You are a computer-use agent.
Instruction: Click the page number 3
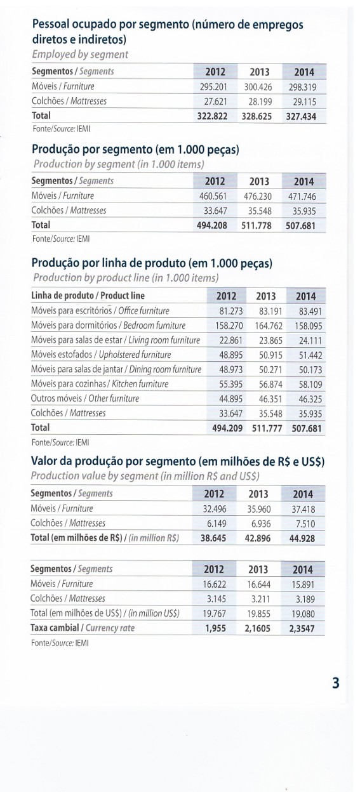336,682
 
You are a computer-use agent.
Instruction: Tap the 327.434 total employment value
301,117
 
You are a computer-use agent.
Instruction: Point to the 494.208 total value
212,225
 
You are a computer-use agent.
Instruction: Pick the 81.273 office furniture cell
231,311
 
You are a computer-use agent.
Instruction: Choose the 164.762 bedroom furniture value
269,326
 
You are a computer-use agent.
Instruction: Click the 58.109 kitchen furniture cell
310,385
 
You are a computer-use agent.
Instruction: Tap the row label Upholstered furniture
135,355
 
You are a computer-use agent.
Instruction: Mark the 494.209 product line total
227,428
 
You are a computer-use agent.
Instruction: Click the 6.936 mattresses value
261,524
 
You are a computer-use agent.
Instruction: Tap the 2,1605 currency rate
257,629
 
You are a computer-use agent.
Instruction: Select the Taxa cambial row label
55,628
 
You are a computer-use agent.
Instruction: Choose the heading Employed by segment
80,55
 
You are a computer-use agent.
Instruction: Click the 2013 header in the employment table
260,72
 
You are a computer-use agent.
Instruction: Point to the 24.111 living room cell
310,341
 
